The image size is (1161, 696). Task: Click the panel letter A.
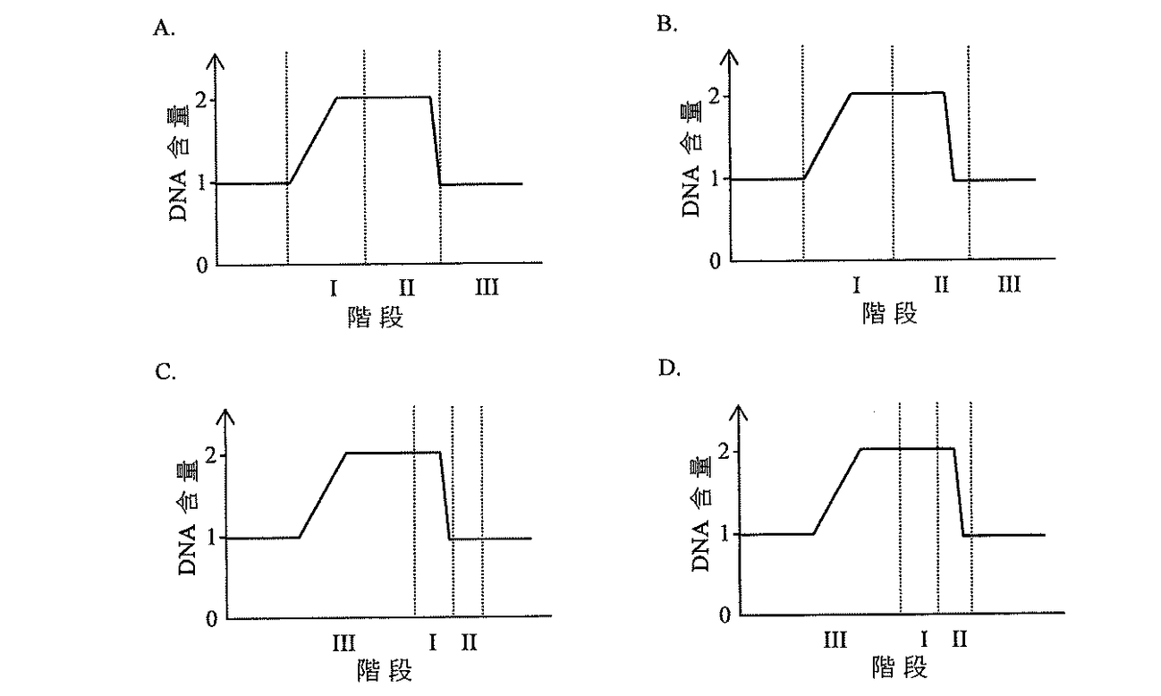(164, 28)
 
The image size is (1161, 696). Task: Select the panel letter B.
(666, 24)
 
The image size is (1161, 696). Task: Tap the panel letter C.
(165, 371)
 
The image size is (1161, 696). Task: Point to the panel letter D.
(669, 368)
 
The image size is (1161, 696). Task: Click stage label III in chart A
(487, 287)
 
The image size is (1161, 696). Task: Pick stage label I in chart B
(856, 285)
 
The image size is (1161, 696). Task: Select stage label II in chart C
(469, 642)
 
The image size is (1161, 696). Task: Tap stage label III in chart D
(835, 640)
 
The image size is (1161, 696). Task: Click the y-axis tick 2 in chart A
(201, 100)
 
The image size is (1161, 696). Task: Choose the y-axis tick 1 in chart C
(211, 538)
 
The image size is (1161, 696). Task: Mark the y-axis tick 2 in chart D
(725, 452)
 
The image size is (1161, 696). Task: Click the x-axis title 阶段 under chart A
(376, 318)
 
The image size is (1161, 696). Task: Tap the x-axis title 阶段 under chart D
(899, 667)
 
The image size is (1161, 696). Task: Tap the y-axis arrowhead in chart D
(739, 413)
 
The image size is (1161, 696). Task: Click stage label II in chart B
(941, 284)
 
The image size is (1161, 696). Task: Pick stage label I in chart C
(433, 642)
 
